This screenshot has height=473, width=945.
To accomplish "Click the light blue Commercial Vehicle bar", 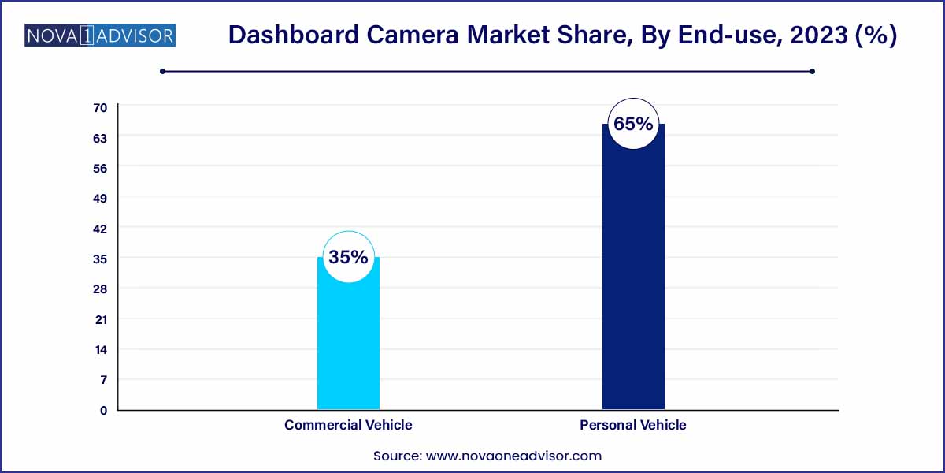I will (x=348, y=347).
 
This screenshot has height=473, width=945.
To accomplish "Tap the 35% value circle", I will (x=348, y=258).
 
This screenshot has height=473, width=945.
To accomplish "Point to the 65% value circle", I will (x=633, y=124).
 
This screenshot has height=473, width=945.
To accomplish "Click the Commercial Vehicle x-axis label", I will (x=348, y=425).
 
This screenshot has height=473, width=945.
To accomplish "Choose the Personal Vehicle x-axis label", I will (x=633, y=425).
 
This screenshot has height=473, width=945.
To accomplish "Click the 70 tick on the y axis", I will (x=102, y=107).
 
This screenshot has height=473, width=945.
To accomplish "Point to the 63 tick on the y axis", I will (x=102, y=137).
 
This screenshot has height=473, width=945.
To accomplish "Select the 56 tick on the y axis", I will (x=102, y=168).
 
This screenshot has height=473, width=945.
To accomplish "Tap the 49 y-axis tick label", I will (x=102, y=198).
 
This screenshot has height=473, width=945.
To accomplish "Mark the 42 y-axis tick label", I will (x=102, y=229).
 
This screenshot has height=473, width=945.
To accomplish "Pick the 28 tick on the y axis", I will (x=102, y=289).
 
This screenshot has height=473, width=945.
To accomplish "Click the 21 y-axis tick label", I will (x=102, y=319).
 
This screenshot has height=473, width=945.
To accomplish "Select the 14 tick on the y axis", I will (x=102, y=349).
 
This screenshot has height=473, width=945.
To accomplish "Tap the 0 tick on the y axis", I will (x=102, y=410).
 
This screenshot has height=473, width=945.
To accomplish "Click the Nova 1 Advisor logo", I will (x=100, y=35).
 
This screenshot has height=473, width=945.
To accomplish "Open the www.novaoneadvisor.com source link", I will (x=513, y=456).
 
